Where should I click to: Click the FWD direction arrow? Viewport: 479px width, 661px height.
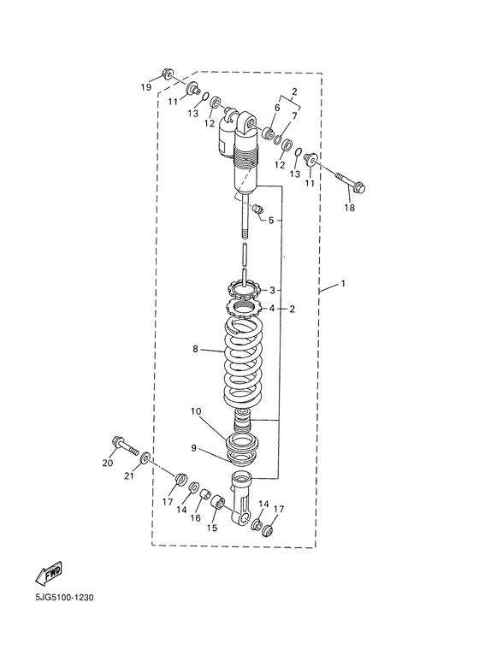[49, 572]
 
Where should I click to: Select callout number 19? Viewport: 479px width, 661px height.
[146, 88]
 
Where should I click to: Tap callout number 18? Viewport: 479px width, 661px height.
[350, 208]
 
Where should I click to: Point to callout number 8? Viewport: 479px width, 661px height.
[195, 349]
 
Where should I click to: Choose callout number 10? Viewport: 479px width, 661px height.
[196, 411]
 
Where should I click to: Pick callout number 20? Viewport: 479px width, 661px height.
[108, 463]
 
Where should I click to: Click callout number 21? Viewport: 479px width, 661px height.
[128, 476]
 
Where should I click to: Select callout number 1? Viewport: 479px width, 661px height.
[343, 283]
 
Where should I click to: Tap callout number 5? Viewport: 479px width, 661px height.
[271, 220]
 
